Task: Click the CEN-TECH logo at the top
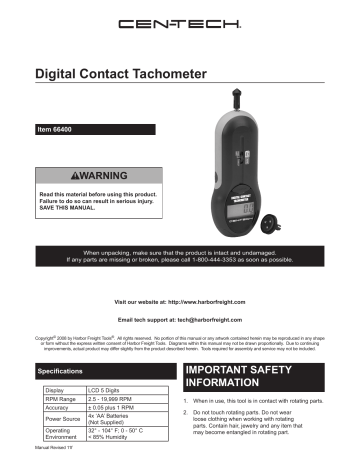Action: coord(179,23)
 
